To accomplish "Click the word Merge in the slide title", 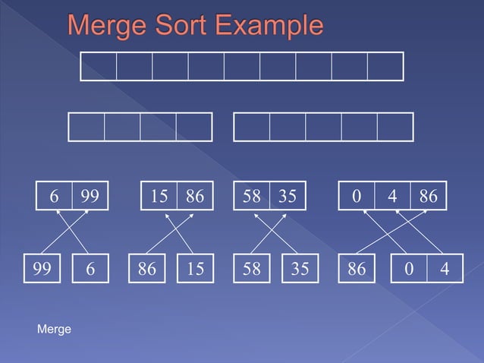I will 108,27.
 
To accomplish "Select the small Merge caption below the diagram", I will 54,329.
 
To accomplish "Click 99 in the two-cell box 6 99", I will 90,196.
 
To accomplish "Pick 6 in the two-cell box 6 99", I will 54,196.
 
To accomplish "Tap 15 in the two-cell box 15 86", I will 159,196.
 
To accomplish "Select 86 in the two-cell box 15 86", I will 195,196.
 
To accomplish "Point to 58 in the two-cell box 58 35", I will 250,196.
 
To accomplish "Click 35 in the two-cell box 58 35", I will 286,196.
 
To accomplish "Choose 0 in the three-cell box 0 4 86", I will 357,196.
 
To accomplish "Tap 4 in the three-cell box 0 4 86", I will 392,196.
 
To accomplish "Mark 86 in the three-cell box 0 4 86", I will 428,196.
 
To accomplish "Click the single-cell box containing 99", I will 42,270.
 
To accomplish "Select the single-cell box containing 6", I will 90,270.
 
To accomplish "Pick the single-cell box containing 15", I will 195,270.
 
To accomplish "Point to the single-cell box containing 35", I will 300,270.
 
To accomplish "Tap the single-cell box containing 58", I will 251,270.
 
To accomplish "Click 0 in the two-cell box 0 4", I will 409,270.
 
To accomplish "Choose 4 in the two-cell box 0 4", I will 444,270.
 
